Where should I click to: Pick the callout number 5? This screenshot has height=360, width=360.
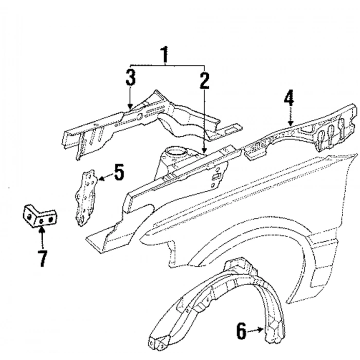pyautogui.click(x=119, y=172)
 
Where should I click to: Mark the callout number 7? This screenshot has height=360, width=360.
pyautogui.click(x=42, y=259)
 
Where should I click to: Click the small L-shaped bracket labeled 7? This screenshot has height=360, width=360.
pyautogui.click(x=39, y=217)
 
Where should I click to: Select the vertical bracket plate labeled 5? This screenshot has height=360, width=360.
pyautogui.click(x=85, y=198)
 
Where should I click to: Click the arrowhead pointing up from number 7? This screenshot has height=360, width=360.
pyautogui.click(x=42, y=230)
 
